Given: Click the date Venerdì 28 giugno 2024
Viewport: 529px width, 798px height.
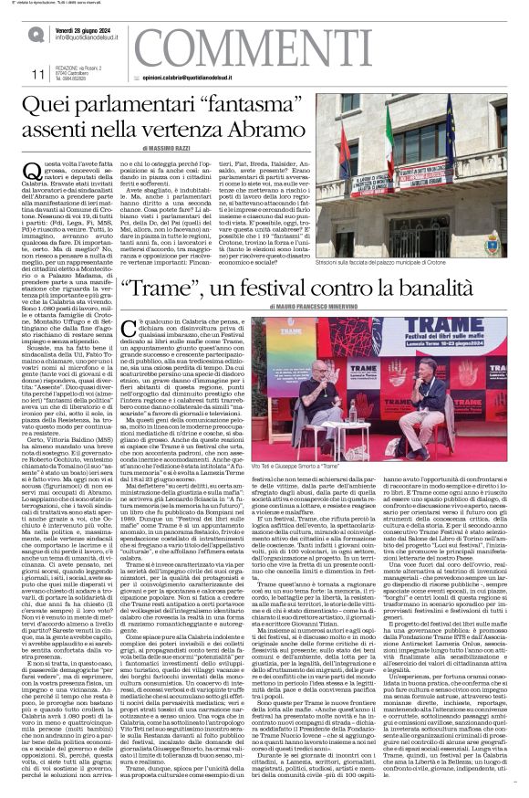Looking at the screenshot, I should (x=95, y=30).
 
